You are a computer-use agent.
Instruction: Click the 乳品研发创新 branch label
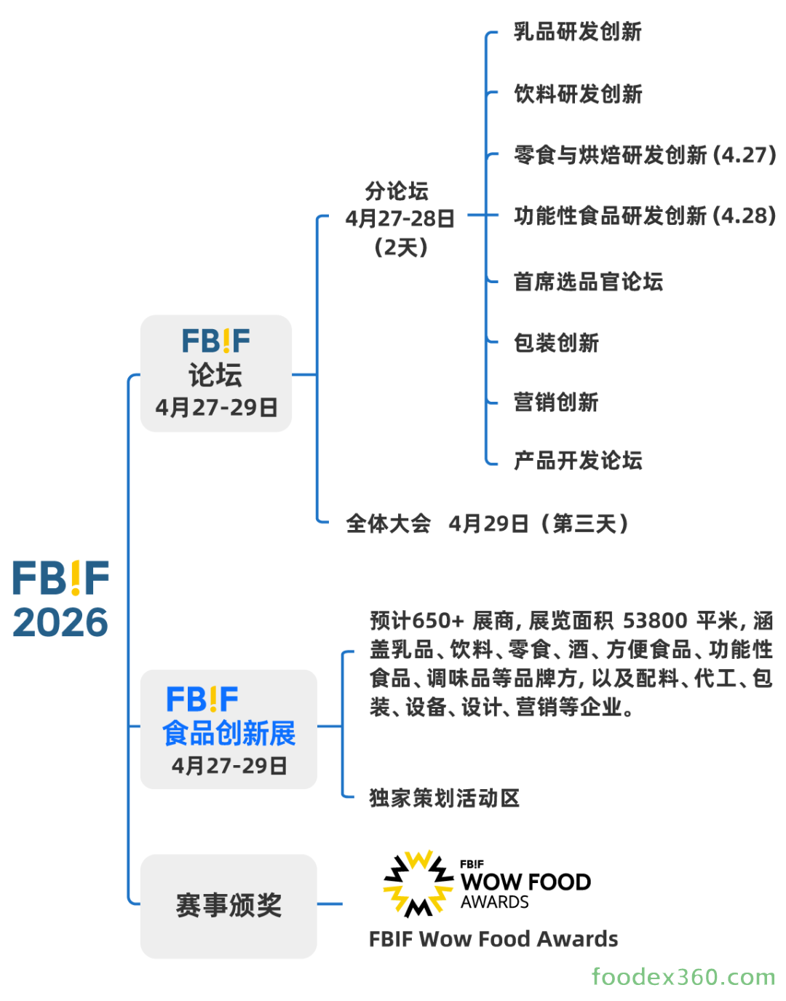pos(577,32)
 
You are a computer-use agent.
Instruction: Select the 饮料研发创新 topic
pos(577,94)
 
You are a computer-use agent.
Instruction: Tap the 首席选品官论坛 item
pos(588,282)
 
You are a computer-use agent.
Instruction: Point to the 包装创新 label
pos(556,343)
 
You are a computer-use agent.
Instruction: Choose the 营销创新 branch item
pos(556,402)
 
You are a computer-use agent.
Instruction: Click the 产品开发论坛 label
pos(577,460)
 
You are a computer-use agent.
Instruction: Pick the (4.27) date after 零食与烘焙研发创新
pos(744,155)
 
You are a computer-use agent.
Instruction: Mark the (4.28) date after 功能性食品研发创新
pos(744,216)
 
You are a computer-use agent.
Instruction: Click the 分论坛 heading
pos(397,191)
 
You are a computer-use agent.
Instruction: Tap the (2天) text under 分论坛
pos(400,248)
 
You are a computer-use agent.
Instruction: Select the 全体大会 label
pos(388,523)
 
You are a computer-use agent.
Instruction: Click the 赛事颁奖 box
pos(229,906)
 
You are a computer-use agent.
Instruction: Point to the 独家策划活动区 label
pos(444,798)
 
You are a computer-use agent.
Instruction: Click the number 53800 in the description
pos(655,621)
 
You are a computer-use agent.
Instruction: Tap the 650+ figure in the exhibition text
pos(437,621)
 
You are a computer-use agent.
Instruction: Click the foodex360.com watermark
pos(683,976)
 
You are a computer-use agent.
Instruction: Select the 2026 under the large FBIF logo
pos(60,622)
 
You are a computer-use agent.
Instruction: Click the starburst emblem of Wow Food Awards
pos(418,882)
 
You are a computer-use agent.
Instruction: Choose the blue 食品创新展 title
pos(229,733)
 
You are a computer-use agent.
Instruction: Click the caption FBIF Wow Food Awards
pos(493,939)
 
